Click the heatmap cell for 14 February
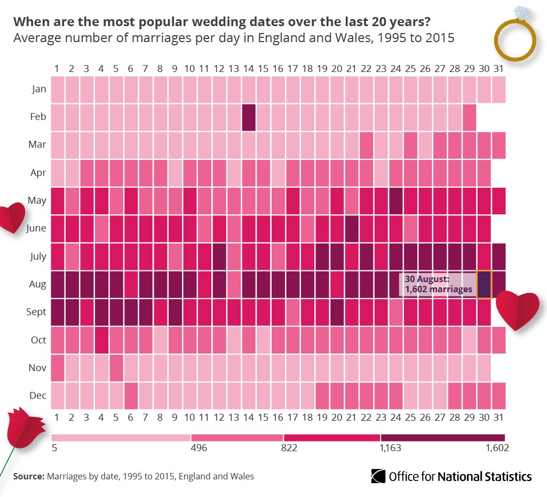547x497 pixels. (x=249, y=117)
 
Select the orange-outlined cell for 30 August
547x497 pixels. (x=483, y=284)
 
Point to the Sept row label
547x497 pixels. (x=37, y=312)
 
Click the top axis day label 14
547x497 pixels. (x=248, y=69)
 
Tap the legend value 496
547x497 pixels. (x=199, y=448)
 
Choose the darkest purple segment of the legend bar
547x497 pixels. (x=442, y=437)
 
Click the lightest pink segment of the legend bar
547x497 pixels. (x=121, y=437)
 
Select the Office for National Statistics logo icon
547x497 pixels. (x=378, y=476)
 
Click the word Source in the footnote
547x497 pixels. (x=28, y=476)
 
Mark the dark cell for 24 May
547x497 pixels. (x=395, y=201)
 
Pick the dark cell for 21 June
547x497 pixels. (x=351, y=228)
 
